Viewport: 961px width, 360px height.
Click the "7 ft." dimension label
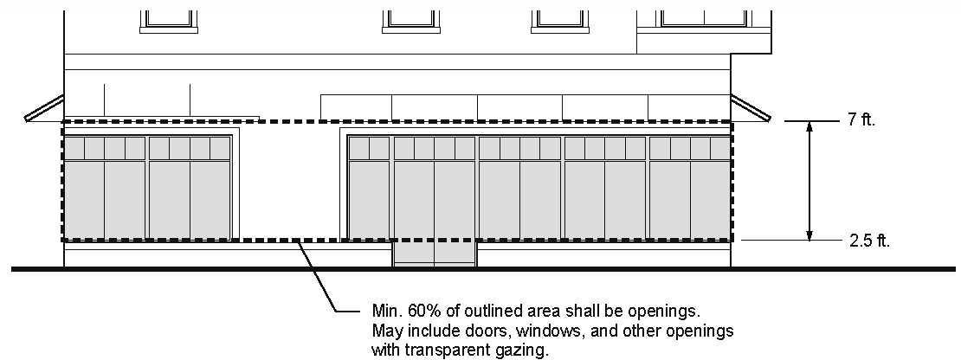(x=861, y=122)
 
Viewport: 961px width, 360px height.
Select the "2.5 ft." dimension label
(x=868, y=241)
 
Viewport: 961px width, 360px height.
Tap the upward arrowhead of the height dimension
(x=809, y=128)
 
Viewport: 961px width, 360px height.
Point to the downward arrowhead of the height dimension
(x=809, y=235)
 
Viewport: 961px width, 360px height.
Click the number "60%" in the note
(x=422, y=311)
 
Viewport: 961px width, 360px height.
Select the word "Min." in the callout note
(x=386, y=311)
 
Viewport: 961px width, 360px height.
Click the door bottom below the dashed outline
(x=435, y=254)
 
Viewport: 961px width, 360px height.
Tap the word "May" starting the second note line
(x=386, y=331)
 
